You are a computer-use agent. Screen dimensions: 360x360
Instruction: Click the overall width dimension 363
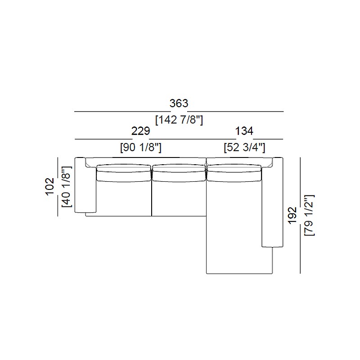(x=179, y=103)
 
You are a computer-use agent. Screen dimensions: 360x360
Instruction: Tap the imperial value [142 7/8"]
(x=179, y=120)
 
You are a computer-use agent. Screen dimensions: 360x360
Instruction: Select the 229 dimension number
(x=140, y=131)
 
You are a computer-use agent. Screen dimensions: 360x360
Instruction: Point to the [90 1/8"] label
(x=141, y=148)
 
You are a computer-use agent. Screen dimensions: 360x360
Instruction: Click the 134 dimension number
(x=244, y=131)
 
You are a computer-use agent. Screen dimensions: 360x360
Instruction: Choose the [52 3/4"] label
(x=244, y=148)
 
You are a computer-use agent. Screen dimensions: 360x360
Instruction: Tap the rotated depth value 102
(x=50, y=186)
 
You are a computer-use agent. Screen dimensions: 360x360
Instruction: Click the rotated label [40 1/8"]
(x=67, y=186)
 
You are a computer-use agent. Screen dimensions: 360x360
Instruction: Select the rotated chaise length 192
(x=292, y=216)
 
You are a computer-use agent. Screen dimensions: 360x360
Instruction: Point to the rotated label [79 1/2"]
(x=309, y=216)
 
